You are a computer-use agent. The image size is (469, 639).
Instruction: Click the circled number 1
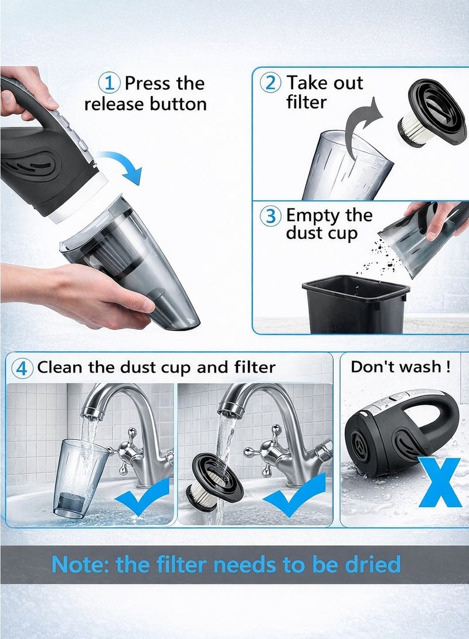click(x=110, y=83)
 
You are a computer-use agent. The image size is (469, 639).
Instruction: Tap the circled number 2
click(x=270, y=83)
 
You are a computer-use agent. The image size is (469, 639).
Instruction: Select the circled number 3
click(x=270, y=216)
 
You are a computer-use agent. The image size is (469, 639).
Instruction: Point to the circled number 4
click(x=22, y=368)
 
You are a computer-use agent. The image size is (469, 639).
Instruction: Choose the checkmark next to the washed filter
click(x=293, y=496)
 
